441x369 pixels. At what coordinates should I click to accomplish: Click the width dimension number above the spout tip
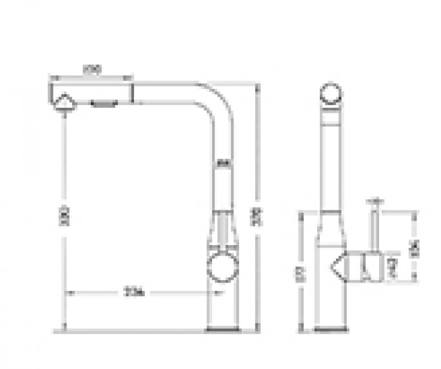[92, 73]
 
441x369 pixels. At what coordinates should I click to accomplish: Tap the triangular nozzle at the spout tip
[64, 103]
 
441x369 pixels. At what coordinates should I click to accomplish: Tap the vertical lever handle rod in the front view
[373, 229]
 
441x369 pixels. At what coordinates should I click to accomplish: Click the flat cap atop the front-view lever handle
[374, 201]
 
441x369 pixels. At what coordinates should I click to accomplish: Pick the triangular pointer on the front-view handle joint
[337, 264]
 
